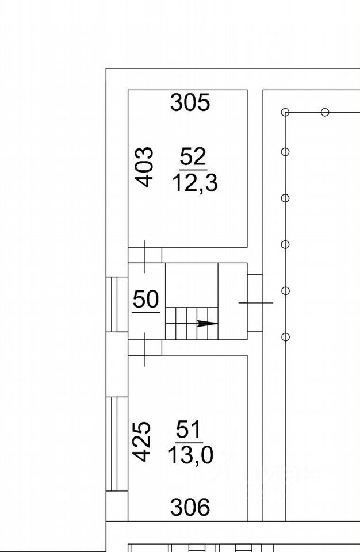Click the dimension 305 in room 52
[190, 103]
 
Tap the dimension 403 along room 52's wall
[145, 167]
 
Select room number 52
[192, 156]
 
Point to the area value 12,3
[194, 183]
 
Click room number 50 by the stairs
[146, 299]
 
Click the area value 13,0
[190, 455]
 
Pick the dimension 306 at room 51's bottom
[190, 508]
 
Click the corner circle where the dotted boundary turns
[285, 112]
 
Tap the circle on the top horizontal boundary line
[324, 112]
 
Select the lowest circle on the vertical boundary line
[285, 336]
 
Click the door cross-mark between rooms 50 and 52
[145, 255]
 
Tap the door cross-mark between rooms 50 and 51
[145, 347]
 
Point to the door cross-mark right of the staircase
[255, 302]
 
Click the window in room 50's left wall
[117, 304]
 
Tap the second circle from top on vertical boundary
[285, 152]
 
